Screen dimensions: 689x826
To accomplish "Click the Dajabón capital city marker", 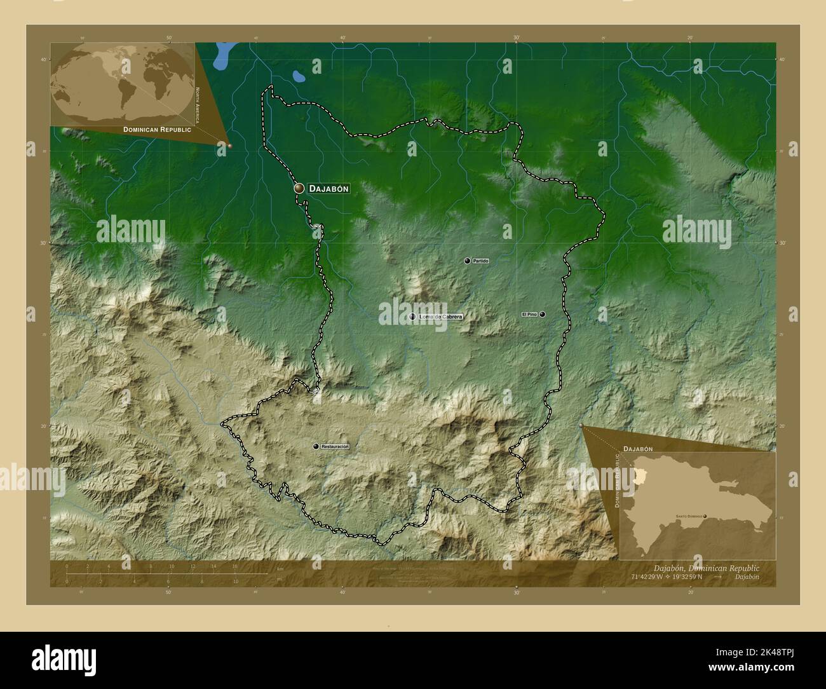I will point(299,188).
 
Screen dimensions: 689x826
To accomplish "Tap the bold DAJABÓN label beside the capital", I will point(328,189).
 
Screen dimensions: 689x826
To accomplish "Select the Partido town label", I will point(480,261).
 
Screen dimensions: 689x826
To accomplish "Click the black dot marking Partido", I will point(467,261).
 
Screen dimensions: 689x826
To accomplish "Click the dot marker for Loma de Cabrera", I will point(412,317).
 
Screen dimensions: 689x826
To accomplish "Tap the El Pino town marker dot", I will point(543,314).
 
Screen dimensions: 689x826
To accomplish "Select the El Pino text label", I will point(529,314).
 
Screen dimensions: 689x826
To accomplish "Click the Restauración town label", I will point(335,447).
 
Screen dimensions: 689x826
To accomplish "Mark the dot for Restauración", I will point(316,447).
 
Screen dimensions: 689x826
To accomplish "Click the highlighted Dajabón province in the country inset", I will point(639,477).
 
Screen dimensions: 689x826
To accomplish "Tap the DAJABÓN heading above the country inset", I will point(638,449).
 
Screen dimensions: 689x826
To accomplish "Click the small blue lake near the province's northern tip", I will point(298,77).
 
